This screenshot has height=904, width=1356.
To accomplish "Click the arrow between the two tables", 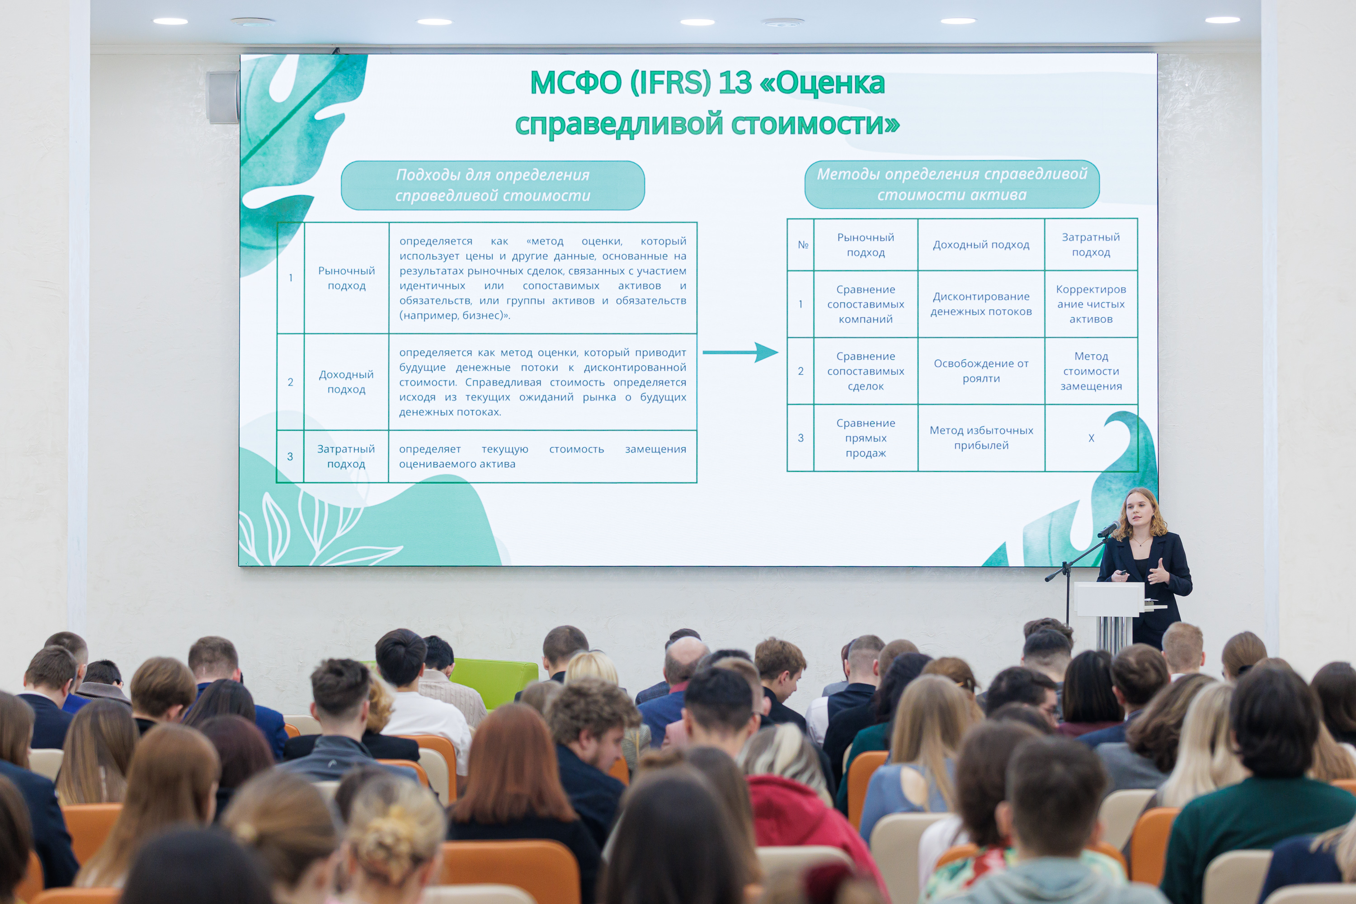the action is pyautogui.click(x=740, y=352).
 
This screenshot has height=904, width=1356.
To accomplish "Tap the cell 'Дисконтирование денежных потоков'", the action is pyautogui.click(x=981, y=304).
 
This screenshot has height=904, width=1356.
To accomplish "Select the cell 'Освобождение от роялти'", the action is pyautogui.click(x=981, y=371).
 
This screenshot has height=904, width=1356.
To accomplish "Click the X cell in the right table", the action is pyautogui.click(x=1091, y=438).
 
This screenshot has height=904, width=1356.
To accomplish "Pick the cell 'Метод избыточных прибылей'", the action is pyautogui.click(x=981, y=438).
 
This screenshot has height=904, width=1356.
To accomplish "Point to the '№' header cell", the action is pyautogui.click(x=801, y=245).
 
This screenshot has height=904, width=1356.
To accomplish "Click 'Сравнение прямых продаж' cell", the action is pyautogui.click(x=866, y=438).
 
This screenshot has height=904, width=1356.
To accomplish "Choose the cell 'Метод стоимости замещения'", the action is pyautogui.click(x=1091, y=371).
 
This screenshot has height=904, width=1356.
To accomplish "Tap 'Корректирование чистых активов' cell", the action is pyautogui.click(x=1091, y=304).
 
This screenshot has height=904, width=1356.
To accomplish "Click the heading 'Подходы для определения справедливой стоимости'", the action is pyautogui.click(x=493, y=185).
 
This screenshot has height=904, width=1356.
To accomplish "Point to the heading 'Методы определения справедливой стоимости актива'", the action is pyautogui.click(x=952, y=184).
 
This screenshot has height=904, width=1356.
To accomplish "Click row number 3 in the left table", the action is pyautogui.click(x=290, y=457).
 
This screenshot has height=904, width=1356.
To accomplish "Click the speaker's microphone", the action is pyautogui.click(x=1108, y=529).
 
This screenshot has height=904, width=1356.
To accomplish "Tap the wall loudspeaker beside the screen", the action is pyautogui.click(x=222, y=97).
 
